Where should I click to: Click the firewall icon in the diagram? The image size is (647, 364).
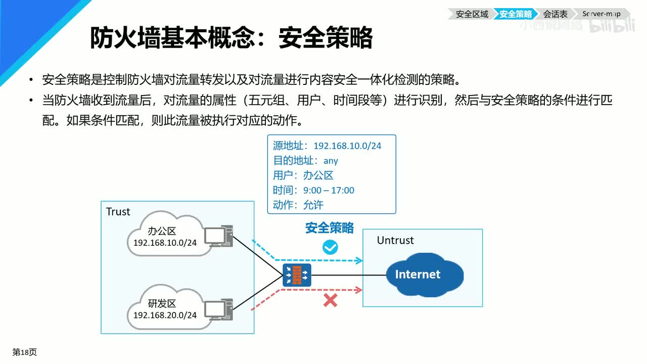pos(297,276)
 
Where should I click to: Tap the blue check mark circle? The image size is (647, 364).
pos(330,247)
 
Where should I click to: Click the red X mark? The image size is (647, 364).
pos(330,301)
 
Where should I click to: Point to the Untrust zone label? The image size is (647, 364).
pos(395,240)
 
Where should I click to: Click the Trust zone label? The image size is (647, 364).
pos(118,212)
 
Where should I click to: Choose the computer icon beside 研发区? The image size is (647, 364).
pos(218,308)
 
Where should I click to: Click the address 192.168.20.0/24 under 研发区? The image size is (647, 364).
pos(165,315)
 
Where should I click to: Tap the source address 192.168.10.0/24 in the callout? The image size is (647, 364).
pos(347,146)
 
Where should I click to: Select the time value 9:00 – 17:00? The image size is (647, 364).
pos(329,190)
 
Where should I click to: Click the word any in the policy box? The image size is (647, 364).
pos(331,161)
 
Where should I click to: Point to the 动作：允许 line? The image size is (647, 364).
pos(298,205)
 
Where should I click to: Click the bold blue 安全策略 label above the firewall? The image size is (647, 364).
pos(330,228)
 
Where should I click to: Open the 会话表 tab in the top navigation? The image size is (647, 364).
pos(556,14)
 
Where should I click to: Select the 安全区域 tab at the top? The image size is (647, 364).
pos(472,14)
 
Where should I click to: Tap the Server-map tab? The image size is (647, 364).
pos(602,14)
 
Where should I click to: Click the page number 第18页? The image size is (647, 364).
pos(25,352)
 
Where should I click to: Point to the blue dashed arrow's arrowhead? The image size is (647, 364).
pos(359,261)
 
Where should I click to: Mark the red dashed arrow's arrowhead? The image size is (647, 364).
pos(359,290)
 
